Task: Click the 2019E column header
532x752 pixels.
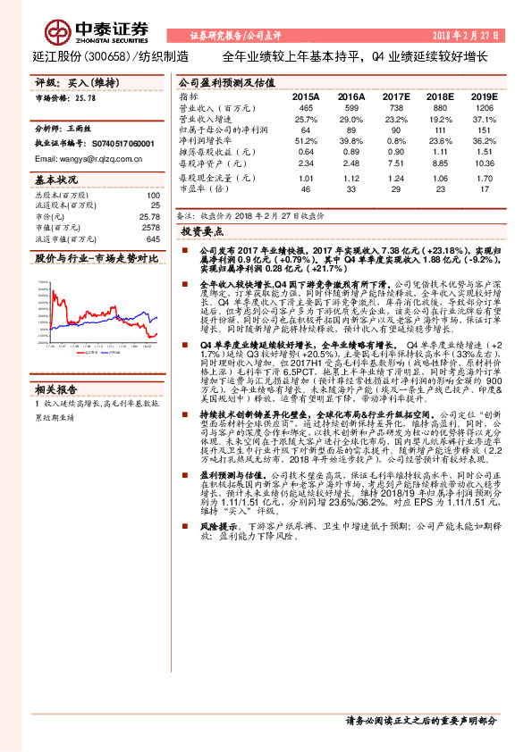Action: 484,96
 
